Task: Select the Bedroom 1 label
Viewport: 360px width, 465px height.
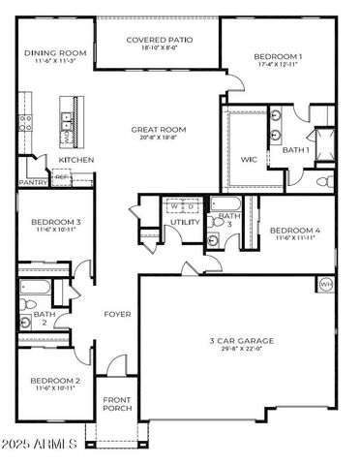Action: (278, 56)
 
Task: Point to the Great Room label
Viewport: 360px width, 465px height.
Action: (159, 129)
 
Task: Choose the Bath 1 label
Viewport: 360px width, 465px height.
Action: (295, 150)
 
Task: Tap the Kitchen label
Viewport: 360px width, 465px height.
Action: (75, 160)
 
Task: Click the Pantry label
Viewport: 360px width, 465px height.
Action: (34, 181)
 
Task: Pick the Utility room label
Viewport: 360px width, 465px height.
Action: (184, 222)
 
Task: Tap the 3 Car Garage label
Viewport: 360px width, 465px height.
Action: (241, 341)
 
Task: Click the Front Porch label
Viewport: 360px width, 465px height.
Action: (118, 405)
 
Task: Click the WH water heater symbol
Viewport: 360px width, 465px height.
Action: (325, 284)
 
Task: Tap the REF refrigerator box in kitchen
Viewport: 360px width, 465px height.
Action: (61, 177)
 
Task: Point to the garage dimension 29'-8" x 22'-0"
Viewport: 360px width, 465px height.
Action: (241, 351)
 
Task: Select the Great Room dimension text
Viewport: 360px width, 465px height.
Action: (159, 139)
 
